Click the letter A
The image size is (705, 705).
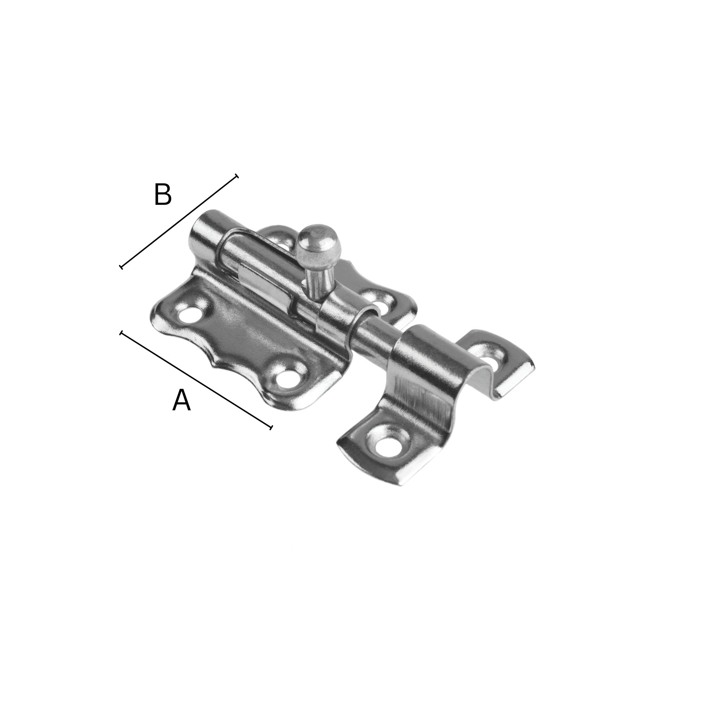pyautogui.click(x=181, y=400)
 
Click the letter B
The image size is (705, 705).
pyautogui.click(x=163, y=195)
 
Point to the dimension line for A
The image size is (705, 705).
pyautogui.click(x=196, y=380)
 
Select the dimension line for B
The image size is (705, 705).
pyautogui.click(x=179, y=221)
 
